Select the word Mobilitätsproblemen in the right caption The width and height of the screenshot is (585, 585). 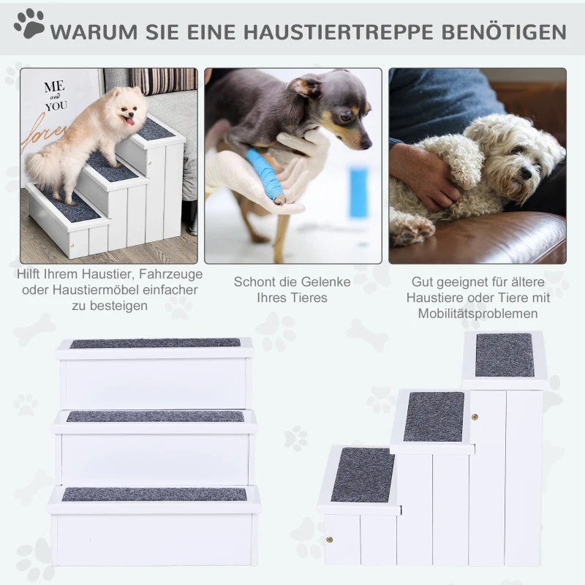[479, 314]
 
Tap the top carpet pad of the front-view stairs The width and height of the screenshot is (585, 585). [155, 343]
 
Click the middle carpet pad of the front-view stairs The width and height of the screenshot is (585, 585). [155, 416]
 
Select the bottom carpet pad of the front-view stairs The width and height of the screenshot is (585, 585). [154, 494]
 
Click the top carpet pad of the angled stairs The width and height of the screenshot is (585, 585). [504, 355]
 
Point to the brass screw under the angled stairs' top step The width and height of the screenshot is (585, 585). [475, 418]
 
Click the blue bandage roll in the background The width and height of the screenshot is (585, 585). [359, 192]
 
